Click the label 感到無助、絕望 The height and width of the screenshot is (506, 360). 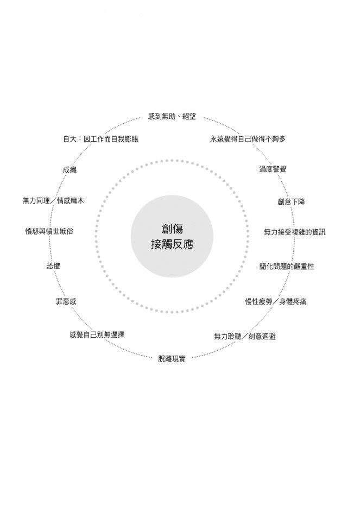coord(172,117)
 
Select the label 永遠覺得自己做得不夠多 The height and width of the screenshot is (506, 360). coord(248,139)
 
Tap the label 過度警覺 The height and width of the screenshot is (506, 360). coord(273,169)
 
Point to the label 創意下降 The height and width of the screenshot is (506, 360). coord(291,201)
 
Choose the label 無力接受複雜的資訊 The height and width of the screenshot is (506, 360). coord(295,232)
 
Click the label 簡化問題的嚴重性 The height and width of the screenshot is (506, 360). coord(287,266)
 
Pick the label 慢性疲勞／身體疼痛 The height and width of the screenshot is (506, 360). coord(276,301)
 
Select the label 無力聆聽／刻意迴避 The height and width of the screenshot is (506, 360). coord(245,336)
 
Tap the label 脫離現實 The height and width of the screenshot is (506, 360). coord(172,358)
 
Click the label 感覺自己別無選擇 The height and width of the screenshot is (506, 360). coord(97,334)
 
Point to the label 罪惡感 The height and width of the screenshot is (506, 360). coord(66,301)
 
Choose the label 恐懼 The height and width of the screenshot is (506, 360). coord(53,266)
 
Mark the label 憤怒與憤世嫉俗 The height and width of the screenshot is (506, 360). coord(49,231)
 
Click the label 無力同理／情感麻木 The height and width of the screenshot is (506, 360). coord(53,200)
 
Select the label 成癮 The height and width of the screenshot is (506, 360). coord(70,170)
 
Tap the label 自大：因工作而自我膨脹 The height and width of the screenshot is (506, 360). coord(101,139)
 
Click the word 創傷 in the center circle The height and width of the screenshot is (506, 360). coord(172,229)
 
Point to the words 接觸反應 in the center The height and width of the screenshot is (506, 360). coord(172,244)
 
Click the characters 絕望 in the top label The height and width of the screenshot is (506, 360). coord(189,117)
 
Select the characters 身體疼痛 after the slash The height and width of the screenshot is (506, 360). coord(293,301)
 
